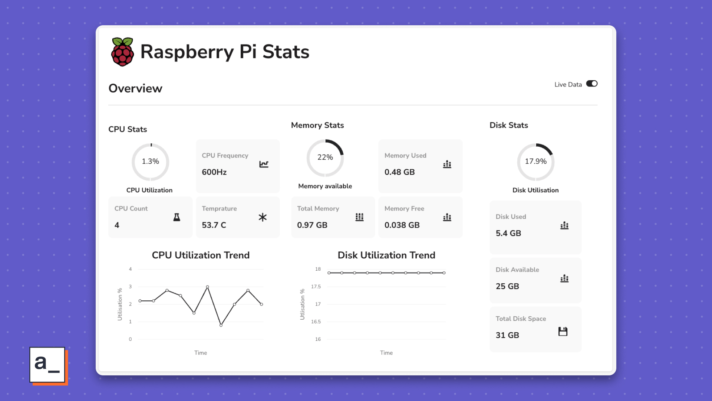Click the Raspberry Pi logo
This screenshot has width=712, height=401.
tap(122, 52)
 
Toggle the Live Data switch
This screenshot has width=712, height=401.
tap(592, 84)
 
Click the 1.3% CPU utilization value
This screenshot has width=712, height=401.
tap(150, 162)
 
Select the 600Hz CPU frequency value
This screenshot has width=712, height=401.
tap(214, 172)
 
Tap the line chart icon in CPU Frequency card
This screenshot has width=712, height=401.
tap(264, 164)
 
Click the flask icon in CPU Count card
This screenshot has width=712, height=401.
tap(177, 217)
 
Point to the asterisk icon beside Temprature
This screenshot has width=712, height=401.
tap(263, 217)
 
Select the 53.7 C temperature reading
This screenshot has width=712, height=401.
tap(214, 225)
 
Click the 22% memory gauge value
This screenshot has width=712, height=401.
tap(325, 157)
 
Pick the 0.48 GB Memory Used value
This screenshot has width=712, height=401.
tap(399, 172)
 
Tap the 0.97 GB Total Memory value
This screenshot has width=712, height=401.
tap(312, 225)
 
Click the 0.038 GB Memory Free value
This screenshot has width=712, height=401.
tap(402, 225)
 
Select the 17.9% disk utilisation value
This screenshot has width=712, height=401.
tap(535, 162)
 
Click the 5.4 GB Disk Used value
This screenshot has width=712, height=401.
tap(508, 233)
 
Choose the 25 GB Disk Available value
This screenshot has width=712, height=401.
tap(507, 286)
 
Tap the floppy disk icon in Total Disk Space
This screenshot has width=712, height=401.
tap(563, 332)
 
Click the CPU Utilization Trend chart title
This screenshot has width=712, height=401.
tap(201, 255)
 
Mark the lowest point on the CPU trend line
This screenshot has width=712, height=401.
tap(221, 325)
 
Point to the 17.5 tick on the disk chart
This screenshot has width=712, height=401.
tap(316, 287)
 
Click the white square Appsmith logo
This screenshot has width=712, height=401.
tap(47, 365)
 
